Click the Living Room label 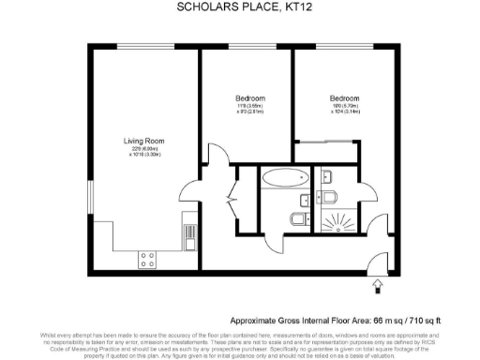point(144,142)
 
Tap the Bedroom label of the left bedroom point(250,98)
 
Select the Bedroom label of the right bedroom point(344,98)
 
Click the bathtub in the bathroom point(282,176)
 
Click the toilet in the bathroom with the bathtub point(296,219)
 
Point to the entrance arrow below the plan point(378,285)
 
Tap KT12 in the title point(286,7)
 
